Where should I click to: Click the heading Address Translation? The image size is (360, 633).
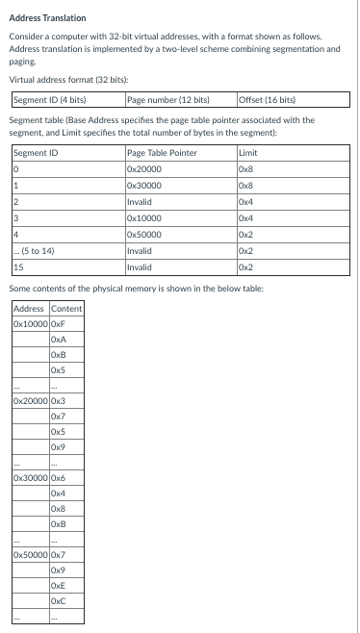coord(47,18)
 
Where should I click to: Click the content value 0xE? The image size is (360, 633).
coord(58,587)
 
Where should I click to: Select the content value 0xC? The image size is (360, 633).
coord(58,602)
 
